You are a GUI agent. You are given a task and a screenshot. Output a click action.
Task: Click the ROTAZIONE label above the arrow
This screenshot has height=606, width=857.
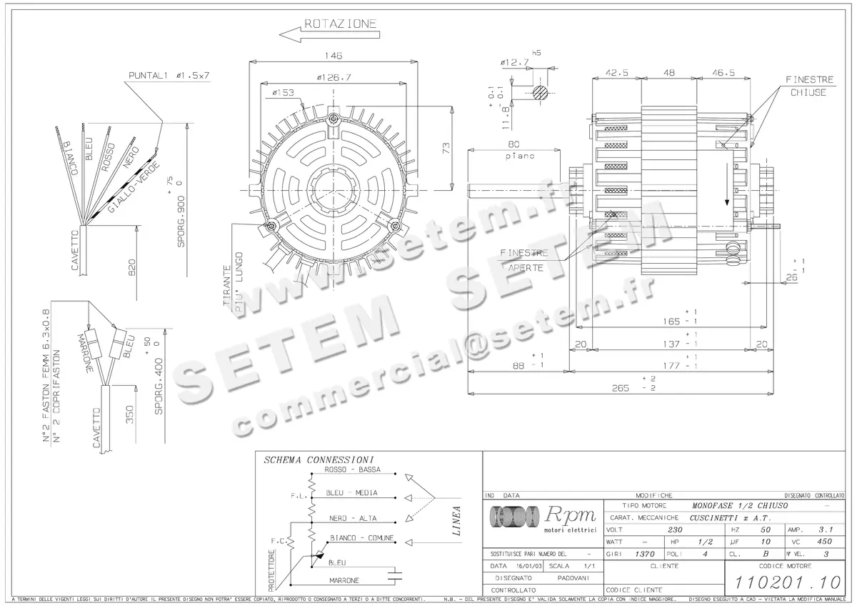coord(341,24)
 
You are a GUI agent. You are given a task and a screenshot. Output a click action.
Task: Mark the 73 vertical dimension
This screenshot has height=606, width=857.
coord(445,149)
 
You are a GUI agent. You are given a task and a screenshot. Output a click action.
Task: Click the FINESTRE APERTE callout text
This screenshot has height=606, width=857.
coord(525,260)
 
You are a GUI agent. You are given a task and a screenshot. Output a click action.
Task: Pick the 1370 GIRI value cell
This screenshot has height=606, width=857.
coord(643,554)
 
